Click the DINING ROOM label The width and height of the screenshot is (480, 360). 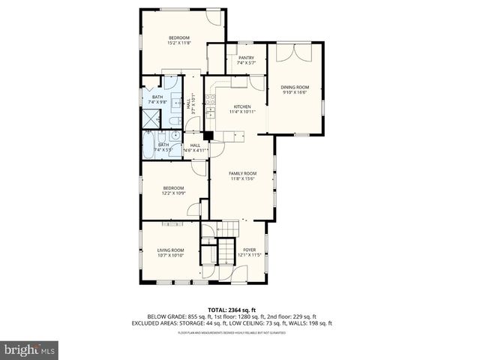[x=295, y=88]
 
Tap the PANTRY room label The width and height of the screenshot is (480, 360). [x=246, y=58]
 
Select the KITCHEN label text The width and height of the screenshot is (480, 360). [x=242, y=107]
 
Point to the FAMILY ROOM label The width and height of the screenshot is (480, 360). [x=243, y=173]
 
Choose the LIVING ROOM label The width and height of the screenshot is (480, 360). [x=170, y=250]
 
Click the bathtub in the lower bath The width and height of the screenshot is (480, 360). [x=148, y=145]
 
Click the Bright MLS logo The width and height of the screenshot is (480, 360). [x=29, y=349]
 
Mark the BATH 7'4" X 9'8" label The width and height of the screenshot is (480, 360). [x=157, y=100]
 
